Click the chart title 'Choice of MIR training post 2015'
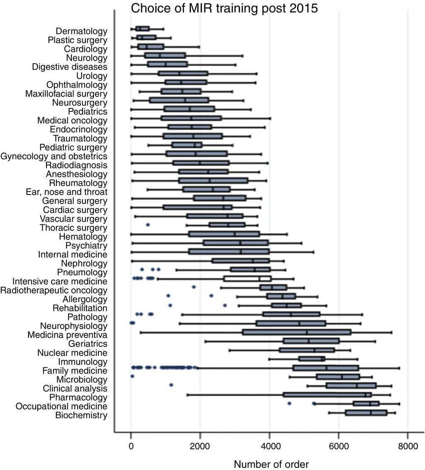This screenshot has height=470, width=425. click(x=225, y=8)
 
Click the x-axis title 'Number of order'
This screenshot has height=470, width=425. click(x=271, y=464)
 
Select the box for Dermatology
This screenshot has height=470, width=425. click(x=142, y=29)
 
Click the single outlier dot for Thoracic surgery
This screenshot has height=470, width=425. click(x=148, y=225)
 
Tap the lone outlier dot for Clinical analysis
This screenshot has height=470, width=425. click(x=171, y=385)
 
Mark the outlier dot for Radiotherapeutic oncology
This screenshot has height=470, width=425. click(x=194, y=287)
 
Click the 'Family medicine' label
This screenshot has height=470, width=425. click(x=75, y=371)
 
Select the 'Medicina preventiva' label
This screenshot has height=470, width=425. click(x=68, y=335)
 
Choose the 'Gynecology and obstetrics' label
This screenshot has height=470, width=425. click(x=54, y=156)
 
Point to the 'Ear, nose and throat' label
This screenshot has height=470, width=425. click(x=66, y=192)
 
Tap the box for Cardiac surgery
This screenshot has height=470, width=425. click(x=198, y=207)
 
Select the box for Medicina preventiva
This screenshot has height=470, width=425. click(x=297, y=332)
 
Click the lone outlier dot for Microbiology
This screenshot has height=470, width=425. click(x=132, y=376)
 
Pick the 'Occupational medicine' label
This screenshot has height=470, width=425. click(x=61, y=406)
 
